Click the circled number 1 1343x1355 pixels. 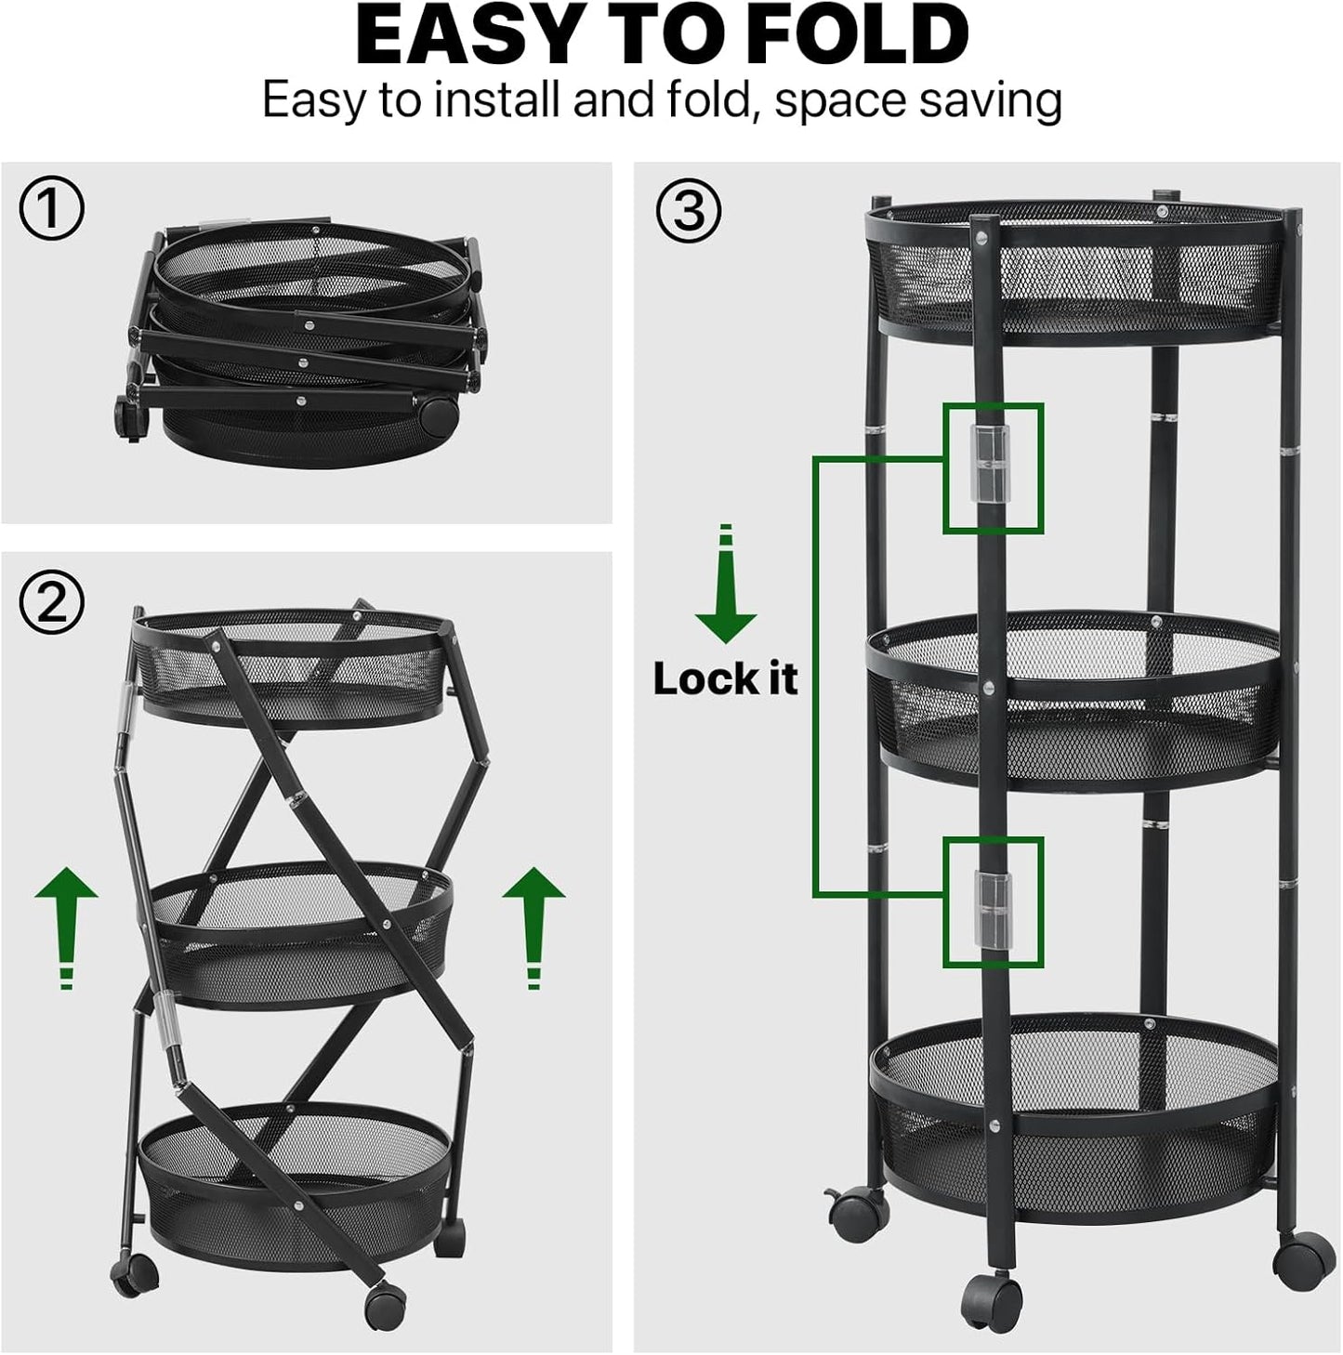pos(51,209)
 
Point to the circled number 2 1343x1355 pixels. pos(51,602)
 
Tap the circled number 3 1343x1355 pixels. pos(688,210)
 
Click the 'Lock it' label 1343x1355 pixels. pos(725,679)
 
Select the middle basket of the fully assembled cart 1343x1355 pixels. pos(1073,695)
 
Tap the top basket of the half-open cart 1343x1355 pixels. pos(294,667)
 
